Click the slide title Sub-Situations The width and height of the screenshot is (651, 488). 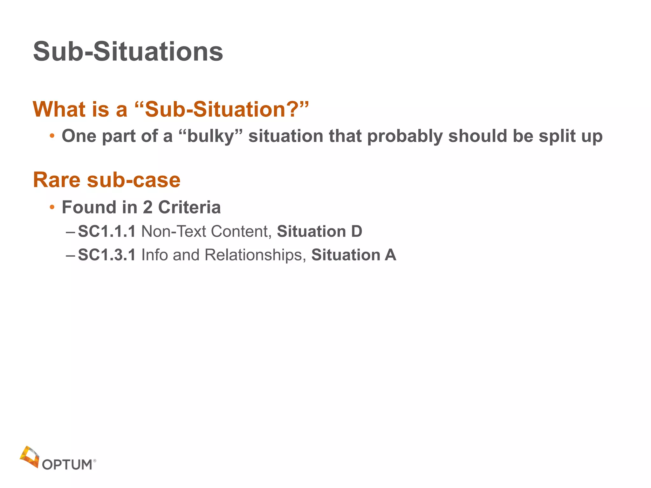(x=128, y=52)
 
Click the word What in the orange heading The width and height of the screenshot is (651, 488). (x=59, y=109)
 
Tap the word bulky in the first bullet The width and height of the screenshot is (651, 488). (x=210, y=137)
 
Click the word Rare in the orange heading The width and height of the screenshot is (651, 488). (x=57, y=180)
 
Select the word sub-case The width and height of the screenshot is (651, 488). (x=134, y=180)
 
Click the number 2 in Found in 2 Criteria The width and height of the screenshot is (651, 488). (x=147, y=207)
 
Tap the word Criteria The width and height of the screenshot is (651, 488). (x=189, y=207)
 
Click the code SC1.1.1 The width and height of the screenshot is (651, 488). (x=107, y=231)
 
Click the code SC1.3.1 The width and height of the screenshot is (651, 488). (x=107, y=255)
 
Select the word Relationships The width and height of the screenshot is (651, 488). (x=253, y=255)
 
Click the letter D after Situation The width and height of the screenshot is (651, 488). (x=357, y=231)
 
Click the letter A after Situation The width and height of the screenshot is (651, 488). (x=390, y=255)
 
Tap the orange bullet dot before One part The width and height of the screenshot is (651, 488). (x=52, y=137)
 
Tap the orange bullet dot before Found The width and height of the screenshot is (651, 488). (x=52, y=208)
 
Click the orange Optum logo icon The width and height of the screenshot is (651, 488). (x=30, y=457)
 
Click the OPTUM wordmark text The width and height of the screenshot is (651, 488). (x=67, y=465)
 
